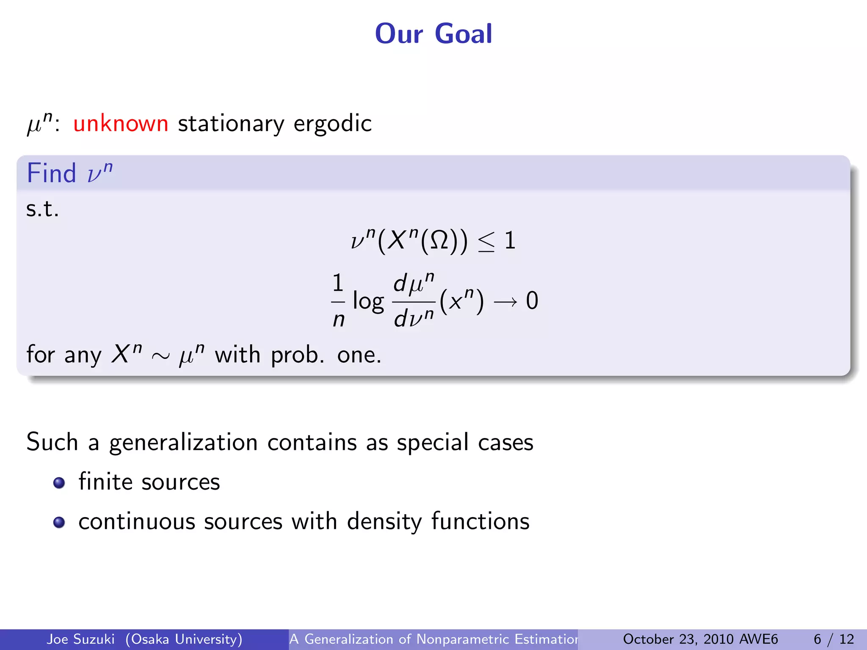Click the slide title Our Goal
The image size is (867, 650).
click(433, 34)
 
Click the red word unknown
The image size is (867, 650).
click(121, 124)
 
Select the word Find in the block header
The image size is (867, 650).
click(51, 173)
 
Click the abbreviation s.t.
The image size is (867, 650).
click(42, 209)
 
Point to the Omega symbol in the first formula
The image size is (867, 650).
click(439, 241)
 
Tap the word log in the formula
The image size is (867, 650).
click(368, 302)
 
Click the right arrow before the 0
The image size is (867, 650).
click(505, 302)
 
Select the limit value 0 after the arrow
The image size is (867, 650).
click(532, 301)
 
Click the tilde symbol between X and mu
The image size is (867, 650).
click(160, 356)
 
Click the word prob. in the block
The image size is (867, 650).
click(297, 355)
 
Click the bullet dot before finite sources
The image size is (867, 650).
click(59, 483)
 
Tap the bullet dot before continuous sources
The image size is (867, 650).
click(59, 522)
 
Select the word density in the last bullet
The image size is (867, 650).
click(384, 522)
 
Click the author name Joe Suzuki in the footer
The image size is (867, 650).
click(80, 639)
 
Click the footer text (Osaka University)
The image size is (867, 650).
click(184, 639)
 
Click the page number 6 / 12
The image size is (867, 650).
click(834, 639)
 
